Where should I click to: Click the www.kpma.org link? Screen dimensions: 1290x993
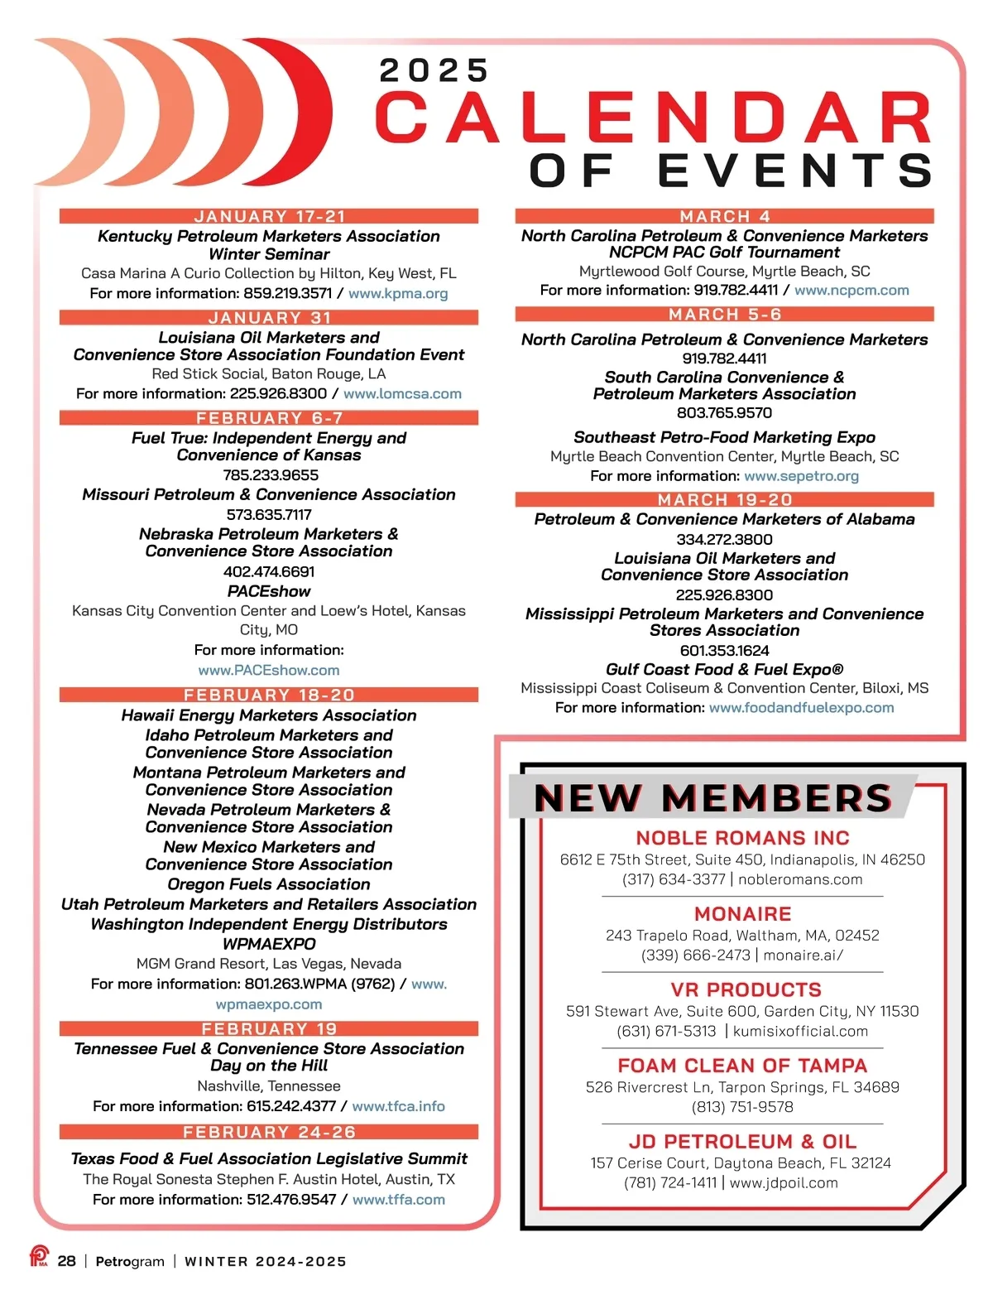(398, 293)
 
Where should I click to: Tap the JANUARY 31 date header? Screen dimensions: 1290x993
(269, 317)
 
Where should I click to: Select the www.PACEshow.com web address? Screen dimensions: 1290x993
(269, 670)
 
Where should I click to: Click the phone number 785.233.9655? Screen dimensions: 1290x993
(270, 474)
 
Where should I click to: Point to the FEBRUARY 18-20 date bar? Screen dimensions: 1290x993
(269, 695)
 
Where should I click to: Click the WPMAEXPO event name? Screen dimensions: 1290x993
(269, 944)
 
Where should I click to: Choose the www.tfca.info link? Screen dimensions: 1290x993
(398, 1106)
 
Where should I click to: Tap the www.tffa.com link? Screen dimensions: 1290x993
(398, 1200)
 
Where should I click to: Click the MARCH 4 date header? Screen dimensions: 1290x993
(724, 216)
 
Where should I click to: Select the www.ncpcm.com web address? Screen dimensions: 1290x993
(851, 291)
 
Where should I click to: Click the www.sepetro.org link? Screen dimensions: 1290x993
(801, 476)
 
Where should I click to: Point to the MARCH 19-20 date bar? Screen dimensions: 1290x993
(724, 499)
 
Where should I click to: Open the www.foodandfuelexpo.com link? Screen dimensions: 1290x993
(801, 708)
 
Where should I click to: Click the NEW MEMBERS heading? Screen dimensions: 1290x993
(712, 797)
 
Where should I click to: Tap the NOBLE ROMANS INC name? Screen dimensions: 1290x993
(742, 838)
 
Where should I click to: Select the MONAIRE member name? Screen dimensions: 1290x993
(742, 914)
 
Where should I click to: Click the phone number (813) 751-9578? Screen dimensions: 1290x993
(742, 1107)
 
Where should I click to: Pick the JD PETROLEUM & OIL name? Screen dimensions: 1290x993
(742, 1142)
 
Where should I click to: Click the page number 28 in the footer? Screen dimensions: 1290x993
(67, 1261)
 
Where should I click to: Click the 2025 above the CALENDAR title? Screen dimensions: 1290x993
(434, 71)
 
